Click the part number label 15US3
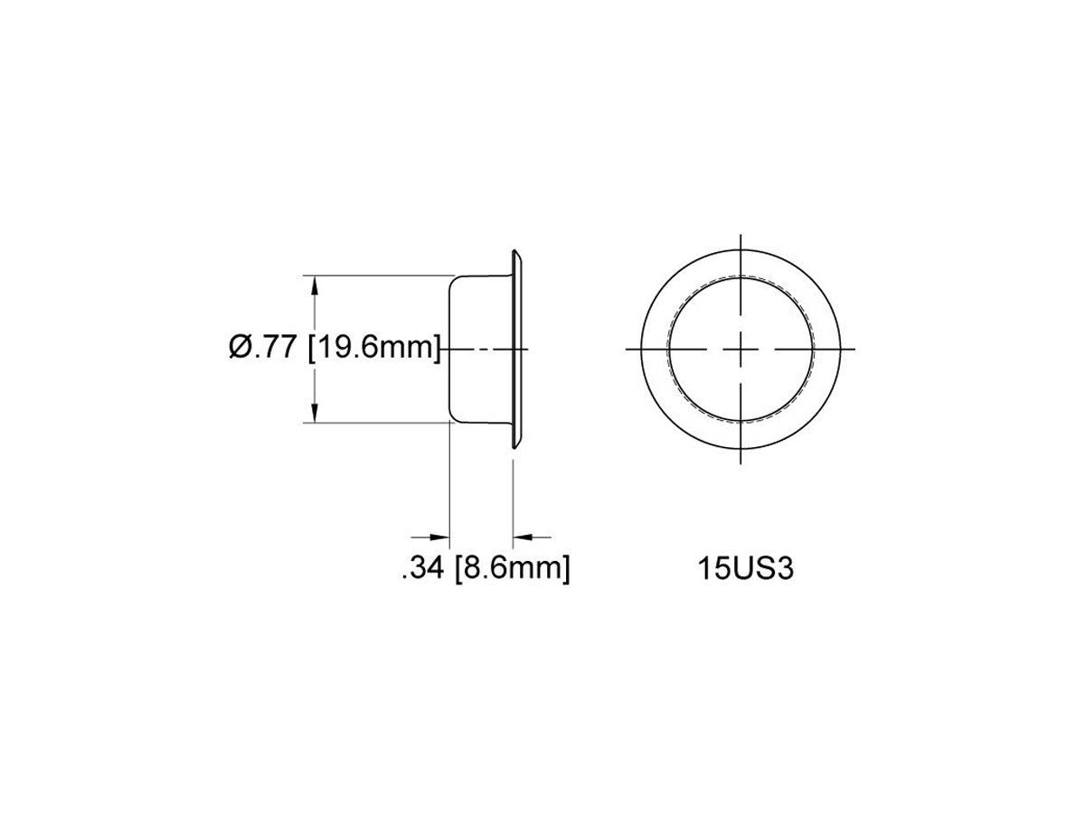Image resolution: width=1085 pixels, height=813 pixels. [745, 569]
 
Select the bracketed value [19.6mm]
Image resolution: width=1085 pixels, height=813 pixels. [373, 348]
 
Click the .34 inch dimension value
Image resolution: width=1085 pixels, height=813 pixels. [423, 569]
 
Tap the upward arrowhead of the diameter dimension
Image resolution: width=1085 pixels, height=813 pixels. [314, 285]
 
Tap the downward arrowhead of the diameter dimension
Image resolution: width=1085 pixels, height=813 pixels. [314, 413]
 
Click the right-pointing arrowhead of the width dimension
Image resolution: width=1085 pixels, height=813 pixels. [439, 537]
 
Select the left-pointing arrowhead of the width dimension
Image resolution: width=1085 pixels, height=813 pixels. [523, 537]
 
